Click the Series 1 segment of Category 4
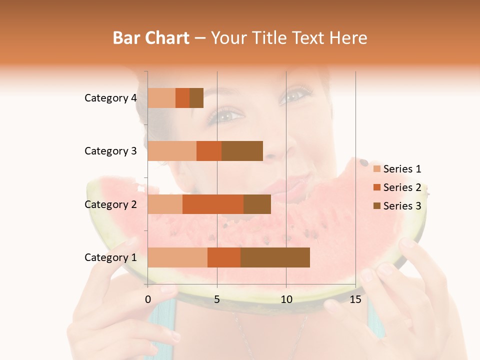tap(161, 98)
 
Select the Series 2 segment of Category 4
tap(182, 98)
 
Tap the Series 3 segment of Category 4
tap(196, 98)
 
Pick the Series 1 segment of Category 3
tap(172, 151)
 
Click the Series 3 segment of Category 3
tap(242, 151)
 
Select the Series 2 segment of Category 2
tap(213, 204)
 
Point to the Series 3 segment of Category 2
tap(257, 204)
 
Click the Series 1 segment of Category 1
tap(177, 257)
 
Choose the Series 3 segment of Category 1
tap(275, 257)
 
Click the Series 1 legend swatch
tap(376, 169)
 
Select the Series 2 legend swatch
tap(376, 187)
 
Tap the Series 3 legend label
tap(402, 206)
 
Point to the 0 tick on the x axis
tap(148, 299)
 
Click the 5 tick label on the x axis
tap(217, 299)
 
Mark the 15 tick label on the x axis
tap(355, 299)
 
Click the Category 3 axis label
tap(110, 151)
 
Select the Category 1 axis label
tap(110, 257)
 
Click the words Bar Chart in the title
tap(151, 38)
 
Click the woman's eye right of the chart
tap(296, 95)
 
